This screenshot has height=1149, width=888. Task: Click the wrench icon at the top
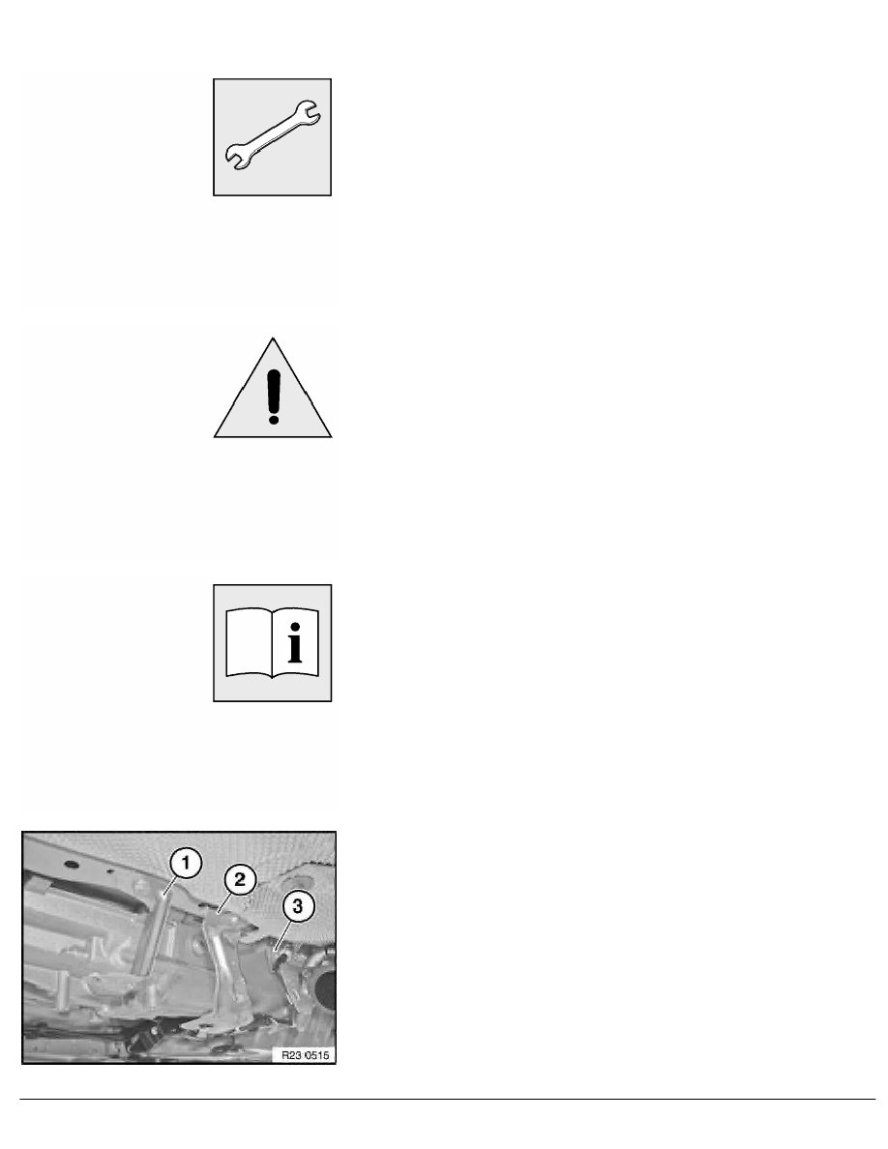point(273,137)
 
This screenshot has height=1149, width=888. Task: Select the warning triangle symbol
point(274,392)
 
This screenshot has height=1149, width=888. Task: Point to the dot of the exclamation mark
point(274,418)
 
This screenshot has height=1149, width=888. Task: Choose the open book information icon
point(273,642)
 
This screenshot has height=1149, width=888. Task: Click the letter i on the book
point(294,641)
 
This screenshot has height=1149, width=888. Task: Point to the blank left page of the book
point(249,641)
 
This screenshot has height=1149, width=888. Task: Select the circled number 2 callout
point(239,879)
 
